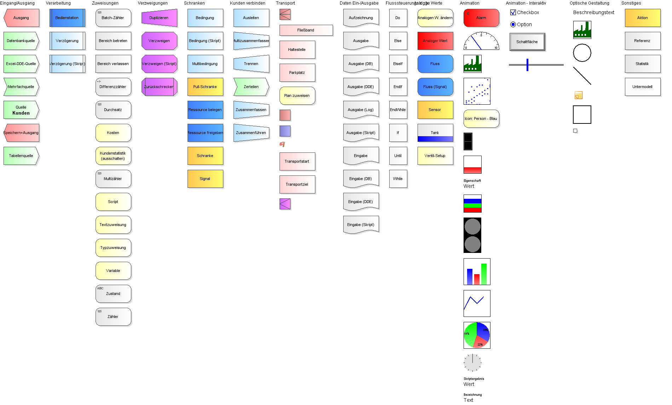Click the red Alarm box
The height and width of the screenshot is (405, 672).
[x=481, y=18]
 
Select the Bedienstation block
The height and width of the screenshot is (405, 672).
[x=67, y=18]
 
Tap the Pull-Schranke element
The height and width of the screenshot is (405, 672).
[x=205, y=87]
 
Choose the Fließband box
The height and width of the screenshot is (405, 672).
[x=306, y=30]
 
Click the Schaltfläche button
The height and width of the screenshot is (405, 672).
[x=527, y=42]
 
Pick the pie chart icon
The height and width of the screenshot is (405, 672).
[x=477, y=335]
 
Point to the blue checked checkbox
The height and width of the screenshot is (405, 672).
[x=513, y=12]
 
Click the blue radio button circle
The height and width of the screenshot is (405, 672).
[x=513, y=24]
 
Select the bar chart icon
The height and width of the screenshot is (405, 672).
[x=477, y=274]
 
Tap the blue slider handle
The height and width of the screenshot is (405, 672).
[x=527, y=65]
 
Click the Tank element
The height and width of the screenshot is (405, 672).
[x=435, y=133]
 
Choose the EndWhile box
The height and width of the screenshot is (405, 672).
[x=398, y=110]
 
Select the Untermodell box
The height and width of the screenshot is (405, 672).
[x=642, y=87]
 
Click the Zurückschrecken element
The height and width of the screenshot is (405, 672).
[x=159, y=87]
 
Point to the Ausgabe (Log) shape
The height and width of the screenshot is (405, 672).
[x=361, y=110]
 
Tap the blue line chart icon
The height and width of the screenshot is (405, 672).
[x=474, y=302]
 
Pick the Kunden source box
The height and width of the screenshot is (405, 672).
[x=21, y=110]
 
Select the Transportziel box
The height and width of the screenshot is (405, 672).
[x=297, y=184]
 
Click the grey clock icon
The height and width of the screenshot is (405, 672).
[x=472, y=363]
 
